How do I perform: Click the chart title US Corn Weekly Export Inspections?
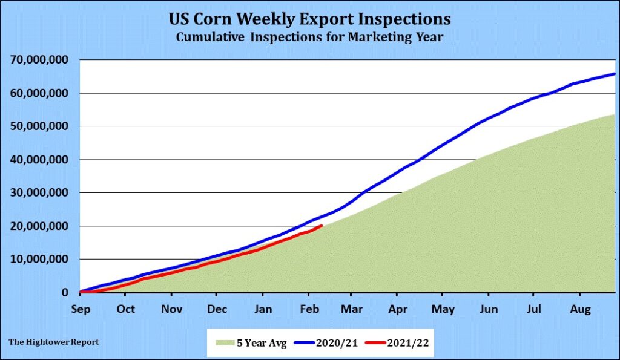(310, 19)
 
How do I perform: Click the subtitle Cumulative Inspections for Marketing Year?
(310, 37)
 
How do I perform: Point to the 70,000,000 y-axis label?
(41, 60)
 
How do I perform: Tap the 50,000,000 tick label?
(41, 126)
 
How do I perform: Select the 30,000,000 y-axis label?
(41, 193)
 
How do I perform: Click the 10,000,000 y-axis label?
(41, 260)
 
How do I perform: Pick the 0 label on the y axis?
(66, 293)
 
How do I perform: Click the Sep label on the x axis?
(80, 309)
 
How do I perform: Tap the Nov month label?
(171, 309)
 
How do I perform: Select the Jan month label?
(262, 309)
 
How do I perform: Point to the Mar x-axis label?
(351, 309)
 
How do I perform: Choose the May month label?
(443, 309)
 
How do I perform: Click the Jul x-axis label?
(533, 309)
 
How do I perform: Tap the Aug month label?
(579, 309)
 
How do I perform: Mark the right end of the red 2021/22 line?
(322, 226)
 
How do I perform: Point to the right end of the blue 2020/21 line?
(615, 74)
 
